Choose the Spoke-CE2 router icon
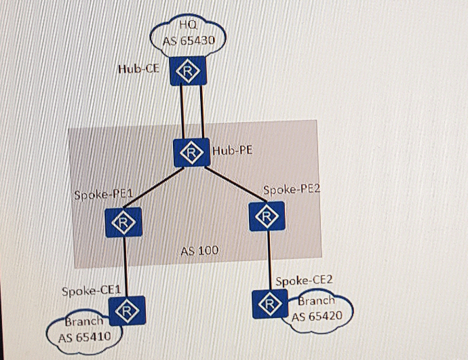(269, 303)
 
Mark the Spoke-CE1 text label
(91, 291)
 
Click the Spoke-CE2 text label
(304, 280)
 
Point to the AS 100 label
(199, 251)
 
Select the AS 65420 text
(317, 316)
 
